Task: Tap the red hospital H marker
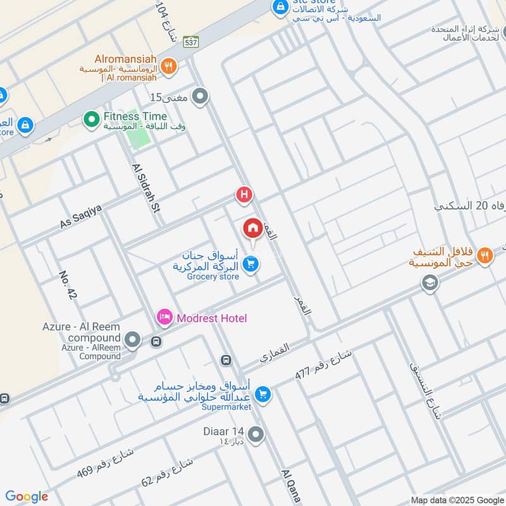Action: tap(244, 195)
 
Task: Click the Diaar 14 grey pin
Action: tap(256, 435)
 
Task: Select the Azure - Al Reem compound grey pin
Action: tap(132, 341)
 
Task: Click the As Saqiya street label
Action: tap(80, 216)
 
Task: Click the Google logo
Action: tap(27, 497)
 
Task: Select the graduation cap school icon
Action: tap(430, 283)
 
